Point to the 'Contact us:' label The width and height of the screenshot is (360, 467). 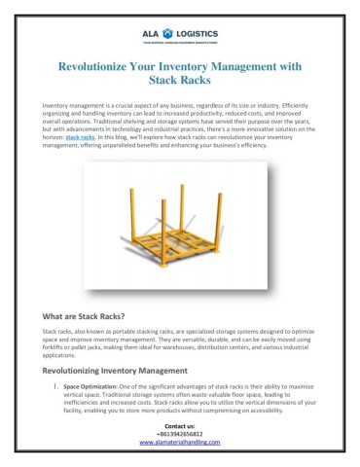click(x=180, y=426)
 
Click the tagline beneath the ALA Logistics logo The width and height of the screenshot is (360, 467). click(x=180, y=30)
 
